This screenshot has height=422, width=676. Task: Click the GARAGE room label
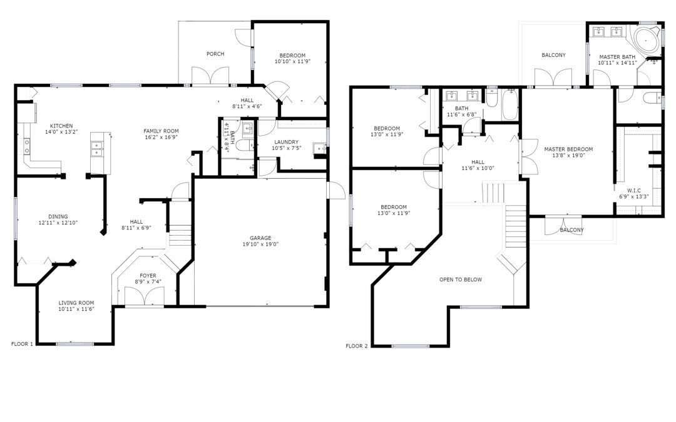(x=260, y=238)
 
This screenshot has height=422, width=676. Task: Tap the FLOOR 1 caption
(x=22, y=344)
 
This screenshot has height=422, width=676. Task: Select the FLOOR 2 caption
(x=357, y=346)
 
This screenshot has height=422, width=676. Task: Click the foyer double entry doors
(x=145, y=296)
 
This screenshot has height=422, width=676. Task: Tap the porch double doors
(x=210, y=77)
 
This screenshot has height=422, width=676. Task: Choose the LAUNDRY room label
(x=286, y=142)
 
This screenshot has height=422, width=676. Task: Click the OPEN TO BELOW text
(x=461, y=279)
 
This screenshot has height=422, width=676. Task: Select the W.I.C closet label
(x=633, y=190)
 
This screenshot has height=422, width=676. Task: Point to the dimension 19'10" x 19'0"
(x=260, y=244)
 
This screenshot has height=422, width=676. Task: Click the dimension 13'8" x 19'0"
(x=568, y=156)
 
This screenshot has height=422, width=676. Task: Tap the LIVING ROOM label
(x=76, y=303)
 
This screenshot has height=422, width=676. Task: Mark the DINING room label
(x=58, y=216)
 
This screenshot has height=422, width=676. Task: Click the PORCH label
(x=215, y=54)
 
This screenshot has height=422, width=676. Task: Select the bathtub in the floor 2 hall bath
(x=510, y=104)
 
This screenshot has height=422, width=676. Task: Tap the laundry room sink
(x=319, y=148)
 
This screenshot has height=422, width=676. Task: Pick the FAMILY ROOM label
(x=161, y=131)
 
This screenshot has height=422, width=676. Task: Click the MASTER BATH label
(x=617, y=57)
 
